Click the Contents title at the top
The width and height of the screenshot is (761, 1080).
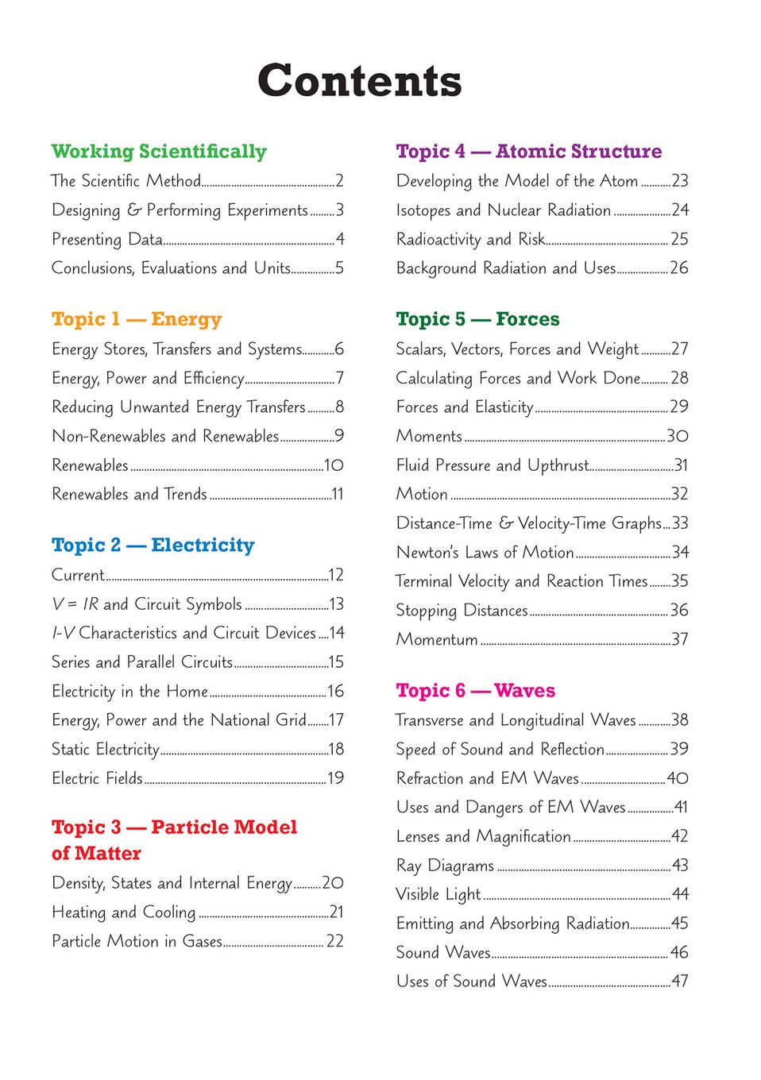point(359,81)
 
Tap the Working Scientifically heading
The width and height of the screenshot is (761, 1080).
point(159,152)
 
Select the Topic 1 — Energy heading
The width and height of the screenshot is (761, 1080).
point(137,319)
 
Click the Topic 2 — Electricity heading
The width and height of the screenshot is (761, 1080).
point(153,546)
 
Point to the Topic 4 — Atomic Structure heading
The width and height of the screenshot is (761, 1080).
point(528,152)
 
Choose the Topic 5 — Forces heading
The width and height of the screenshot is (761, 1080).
point(477,319)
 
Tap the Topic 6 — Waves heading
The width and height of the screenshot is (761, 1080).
point(475,691)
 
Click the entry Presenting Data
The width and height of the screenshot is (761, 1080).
point(107,239)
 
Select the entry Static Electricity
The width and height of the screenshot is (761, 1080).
point(106,749)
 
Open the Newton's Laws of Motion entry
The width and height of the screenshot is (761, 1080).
point(485,552)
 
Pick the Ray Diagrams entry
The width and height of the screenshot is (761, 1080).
point(445,865)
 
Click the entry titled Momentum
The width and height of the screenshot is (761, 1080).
point(437,639)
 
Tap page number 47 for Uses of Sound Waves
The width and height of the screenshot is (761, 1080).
point(679,982)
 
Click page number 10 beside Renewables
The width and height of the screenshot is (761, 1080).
point(334,465)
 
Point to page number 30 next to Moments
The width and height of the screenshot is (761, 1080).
point(678,436)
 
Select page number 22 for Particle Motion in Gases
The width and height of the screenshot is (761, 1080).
point(335,941)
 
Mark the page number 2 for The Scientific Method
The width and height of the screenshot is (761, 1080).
point(339,181)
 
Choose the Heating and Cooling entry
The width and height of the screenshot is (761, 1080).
point(123,912)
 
